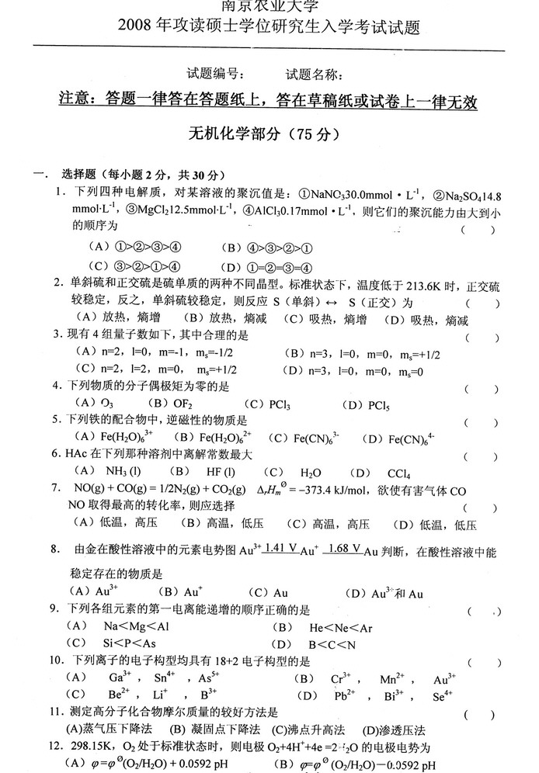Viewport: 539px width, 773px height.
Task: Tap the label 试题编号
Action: (x=217, y=75)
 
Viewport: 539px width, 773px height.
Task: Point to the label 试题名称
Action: (x=315, y=75)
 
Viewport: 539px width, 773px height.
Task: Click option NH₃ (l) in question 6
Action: (x=123, y=473)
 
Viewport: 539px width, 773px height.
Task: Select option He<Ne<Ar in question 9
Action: (x=342, y=627)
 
